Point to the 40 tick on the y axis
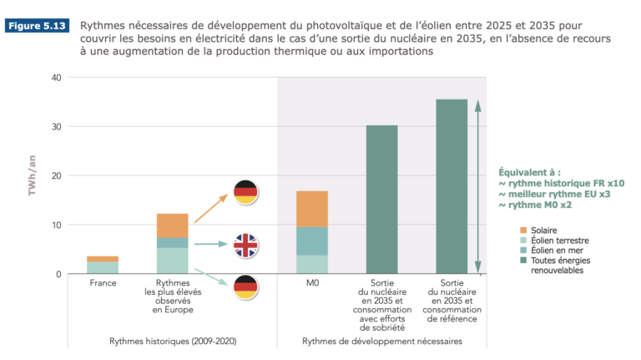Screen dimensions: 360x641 coord(58,78)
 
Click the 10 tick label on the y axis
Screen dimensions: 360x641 coord(58,226)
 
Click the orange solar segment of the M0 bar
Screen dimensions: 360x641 coord(312,209)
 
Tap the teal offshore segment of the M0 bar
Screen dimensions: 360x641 coord(312,241)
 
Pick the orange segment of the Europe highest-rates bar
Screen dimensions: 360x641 coord(173,226)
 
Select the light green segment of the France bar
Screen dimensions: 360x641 coord(103,267)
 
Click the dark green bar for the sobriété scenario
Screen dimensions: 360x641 coord(381,200)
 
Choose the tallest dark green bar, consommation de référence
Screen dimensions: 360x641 coord(452,186)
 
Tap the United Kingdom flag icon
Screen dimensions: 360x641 coord(245,245)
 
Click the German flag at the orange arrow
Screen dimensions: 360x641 coord(245,193)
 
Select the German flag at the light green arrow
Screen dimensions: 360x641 coord(245,288)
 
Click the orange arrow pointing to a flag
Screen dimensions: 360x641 coord(211,208)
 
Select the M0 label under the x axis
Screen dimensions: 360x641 coord(312,283)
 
